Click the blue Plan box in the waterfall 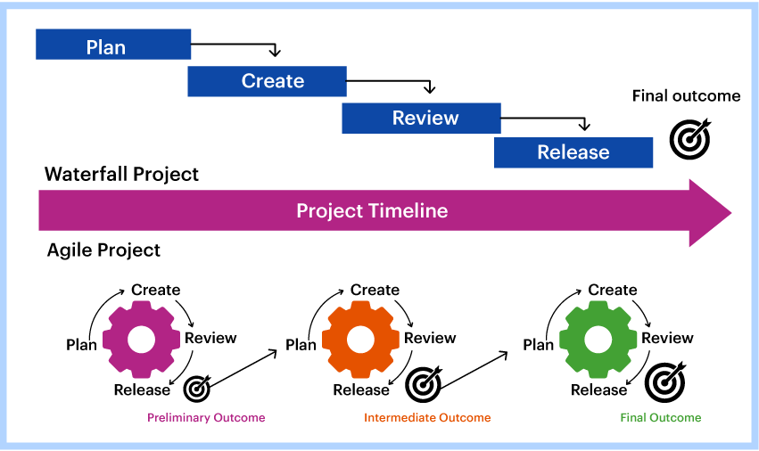pos(113,45)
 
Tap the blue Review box pos(419,118)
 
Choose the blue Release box pos(573,152)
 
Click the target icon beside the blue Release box pos(689,140)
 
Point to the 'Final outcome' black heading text pos(686,96)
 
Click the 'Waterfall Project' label pos(122,174)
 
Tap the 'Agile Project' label pos(103,250)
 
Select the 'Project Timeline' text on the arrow pos(372,211)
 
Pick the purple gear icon pos(141,340)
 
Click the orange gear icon pos(360,340)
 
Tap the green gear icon pos(598,340)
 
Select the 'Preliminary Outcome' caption pos(206,417)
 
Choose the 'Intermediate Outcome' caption pos(427,417)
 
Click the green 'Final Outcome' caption pos(661,417)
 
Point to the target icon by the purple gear pos(197,388)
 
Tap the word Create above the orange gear pos(375,290)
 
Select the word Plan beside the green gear pos(539,345)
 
